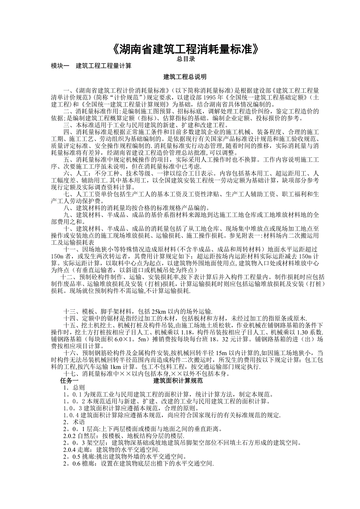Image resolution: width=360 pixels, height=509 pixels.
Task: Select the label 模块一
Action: click(x=60, y=66)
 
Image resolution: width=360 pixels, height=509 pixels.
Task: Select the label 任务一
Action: click(x=69, y=380)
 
